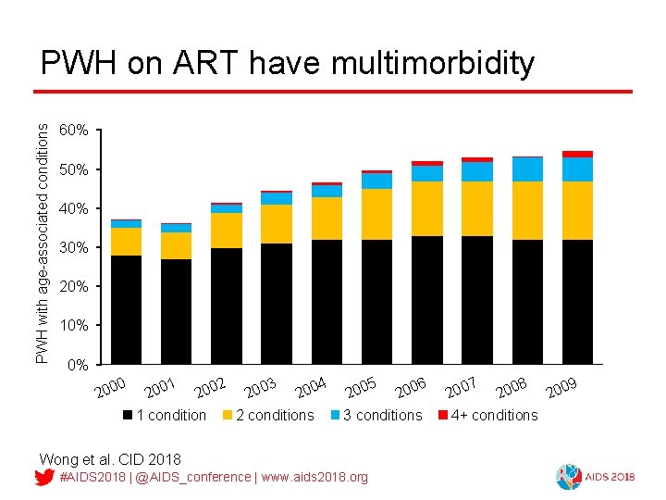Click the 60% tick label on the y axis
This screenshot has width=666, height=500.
(x=73, y=131)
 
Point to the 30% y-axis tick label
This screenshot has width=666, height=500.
(x=73, y=248)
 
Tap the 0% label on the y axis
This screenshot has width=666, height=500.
(x=77, y=365)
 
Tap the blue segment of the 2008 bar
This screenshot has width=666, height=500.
(x=527, y=169)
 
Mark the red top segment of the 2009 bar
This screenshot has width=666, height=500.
(x=577, y=154)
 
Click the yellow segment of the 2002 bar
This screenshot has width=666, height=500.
(x=227, y=231)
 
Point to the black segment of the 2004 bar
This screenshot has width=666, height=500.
(x=327, y=301)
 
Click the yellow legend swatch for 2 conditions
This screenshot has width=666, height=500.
(x=227, y=415)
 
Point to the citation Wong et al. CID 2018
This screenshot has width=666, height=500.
(x=110, y=459)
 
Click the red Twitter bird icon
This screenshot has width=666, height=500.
(x=43, y=477)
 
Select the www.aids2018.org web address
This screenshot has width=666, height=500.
(x=314, y=477)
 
